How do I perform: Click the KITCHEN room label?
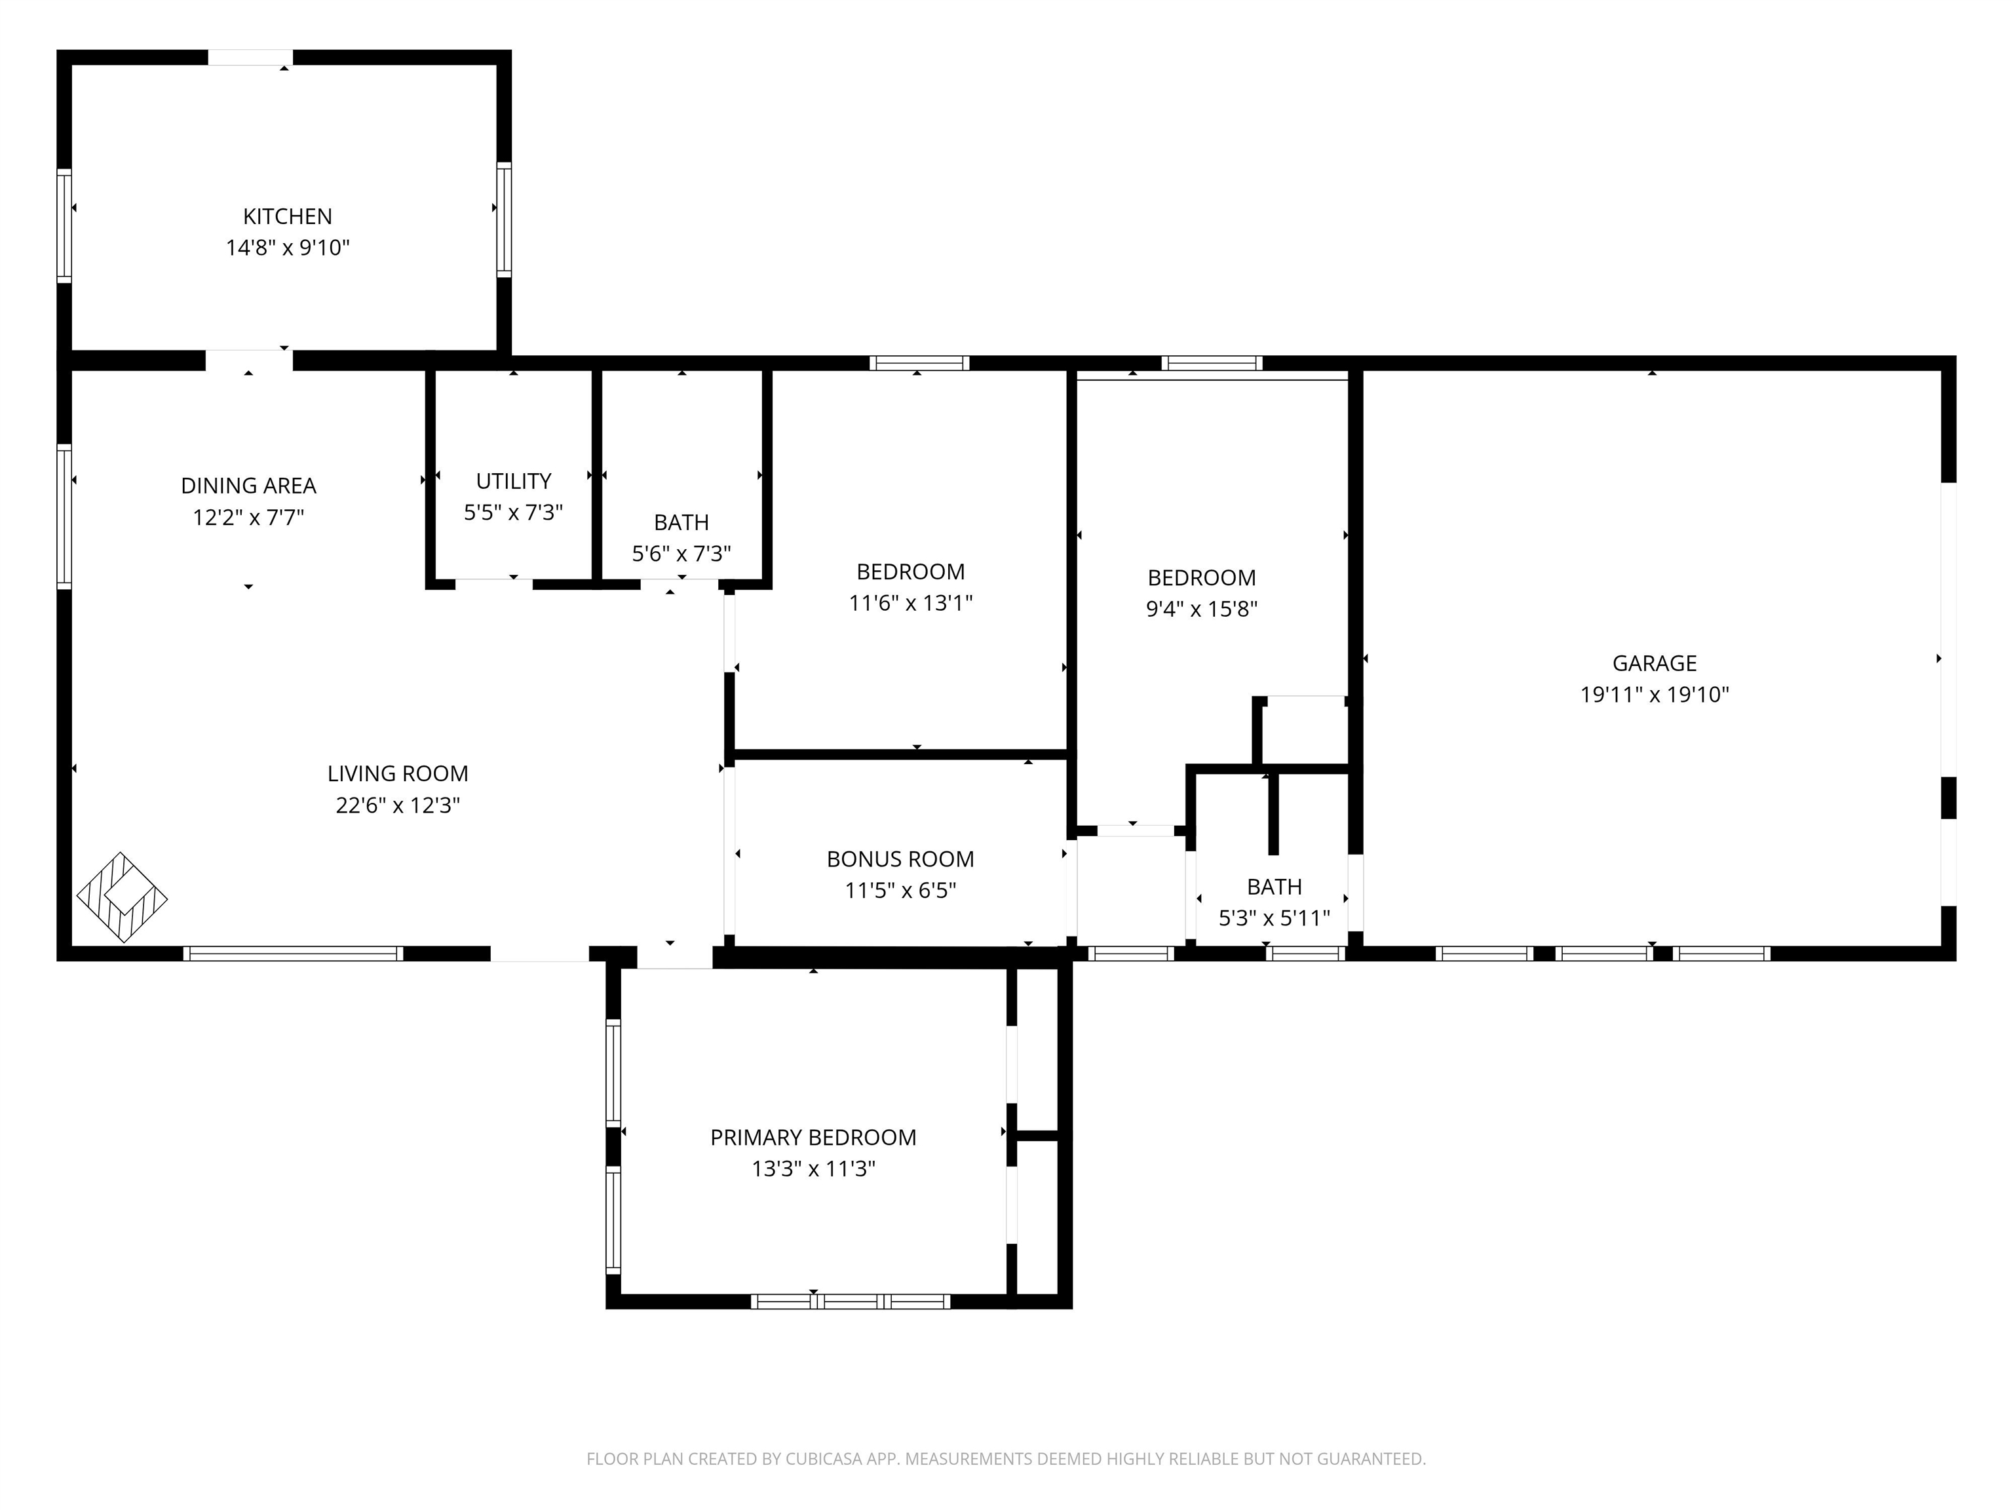(x=288, y=217)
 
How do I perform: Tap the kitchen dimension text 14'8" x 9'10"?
(x=288, y=248)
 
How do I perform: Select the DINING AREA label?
(x=248, y=486)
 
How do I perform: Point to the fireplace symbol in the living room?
(x=122, y=897)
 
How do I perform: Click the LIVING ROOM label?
(x=398, y=773)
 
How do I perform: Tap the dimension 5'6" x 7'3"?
(x=681, y=553)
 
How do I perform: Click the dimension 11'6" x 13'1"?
(x=911, y=602)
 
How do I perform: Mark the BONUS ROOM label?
(x=900, y=859)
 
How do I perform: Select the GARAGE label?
(x=1655, y=663)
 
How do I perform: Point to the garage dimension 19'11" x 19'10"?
(x=1655, y=695)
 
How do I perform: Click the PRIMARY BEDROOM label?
(x=813, y=1138)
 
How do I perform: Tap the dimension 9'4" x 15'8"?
(x=1201, y=609)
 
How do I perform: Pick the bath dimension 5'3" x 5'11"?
(x=1274, y=918)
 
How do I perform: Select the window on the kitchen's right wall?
(x=503, y=220)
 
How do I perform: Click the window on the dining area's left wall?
(x=64, y=516)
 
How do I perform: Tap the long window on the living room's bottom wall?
(x=293, y=954)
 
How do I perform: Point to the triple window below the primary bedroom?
(x=851, y=1302)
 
